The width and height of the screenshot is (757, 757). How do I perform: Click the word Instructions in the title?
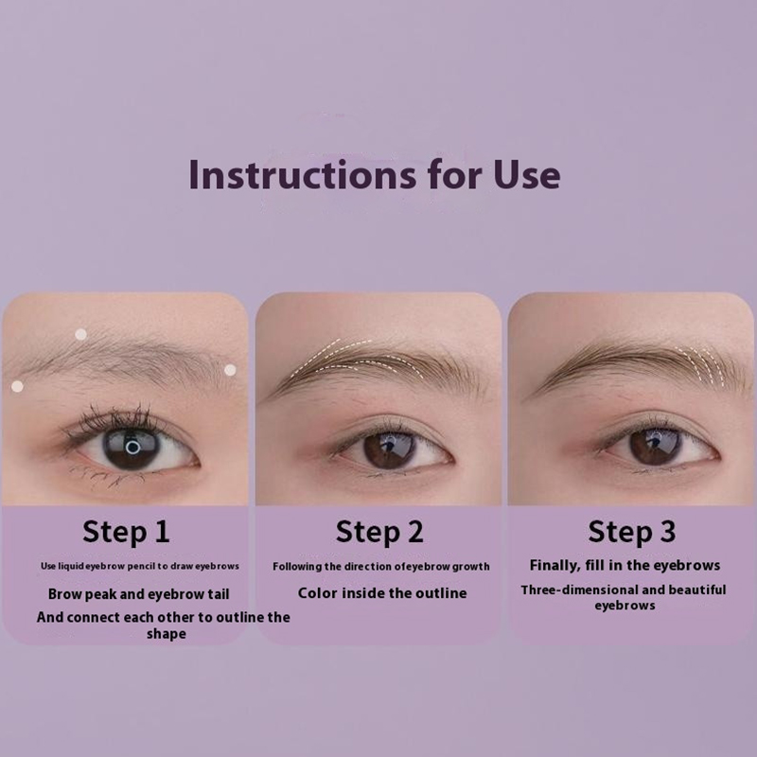[x=302, y=174]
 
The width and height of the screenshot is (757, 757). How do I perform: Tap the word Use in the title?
[x=527, y=174]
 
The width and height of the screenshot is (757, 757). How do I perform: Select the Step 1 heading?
[x=126, y=532]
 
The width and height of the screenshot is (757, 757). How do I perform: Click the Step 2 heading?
[x=379, y=532]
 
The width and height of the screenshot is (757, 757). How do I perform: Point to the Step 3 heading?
[x=631, y=532]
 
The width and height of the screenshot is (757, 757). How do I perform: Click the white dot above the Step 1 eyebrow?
[x=81, y=334]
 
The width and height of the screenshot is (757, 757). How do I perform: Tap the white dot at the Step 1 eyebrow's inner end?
[x=230, y=370]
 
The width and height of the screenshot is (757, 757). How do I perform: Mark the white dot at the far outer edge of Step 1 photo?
[x=17, y=386]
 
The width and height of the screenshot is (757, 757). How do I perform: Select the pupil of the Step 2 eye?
[x=389, y=449]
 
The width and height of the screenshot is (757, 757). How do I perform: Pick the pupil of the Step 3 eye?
[x=655, y=447]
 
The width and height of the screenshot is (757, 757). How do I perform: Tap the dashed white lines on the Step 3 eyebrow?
[x=700, y=367]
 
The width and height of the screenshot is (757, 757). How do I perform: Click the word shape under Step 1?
[x=167, y=634]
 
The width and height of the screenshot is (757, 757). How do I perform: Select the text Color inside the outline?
[x=382, y=593]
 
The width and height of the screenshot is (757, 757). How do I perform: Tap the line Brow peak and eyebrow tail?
[x=138, y=594]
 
